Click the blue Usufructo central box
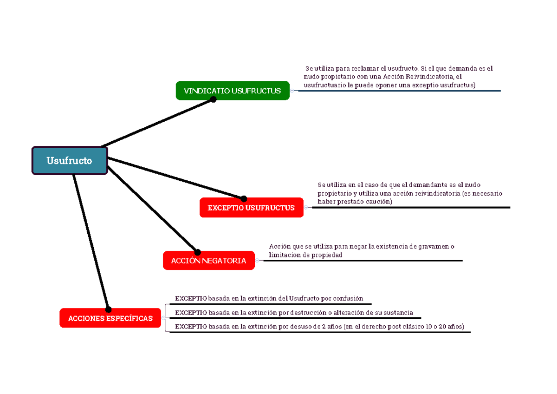tap(70, 161)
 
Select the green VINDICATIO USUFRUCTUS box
tap(233, 91)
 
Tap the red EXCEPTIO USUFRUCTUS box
tap(252, 208)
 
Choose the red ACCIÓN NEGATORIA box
tap(209, 260)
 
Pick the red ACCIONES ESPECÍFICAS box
tap(110, 318)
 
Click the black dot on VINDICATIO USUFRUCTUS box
tap(213, 99)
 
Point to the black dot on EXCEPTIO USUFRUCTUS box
tap(244, 198)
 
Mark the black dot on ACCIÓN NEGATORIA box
tap(197, 252)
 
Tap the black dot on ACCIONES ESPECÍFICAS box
tap(108, 309)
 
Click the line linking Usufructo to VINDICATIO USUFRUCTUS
tap(157, 123)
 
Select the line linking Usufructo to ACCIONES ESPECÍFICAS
tap(91, 242)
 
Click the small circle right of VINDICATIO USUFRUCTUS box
tap(292, 91)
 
